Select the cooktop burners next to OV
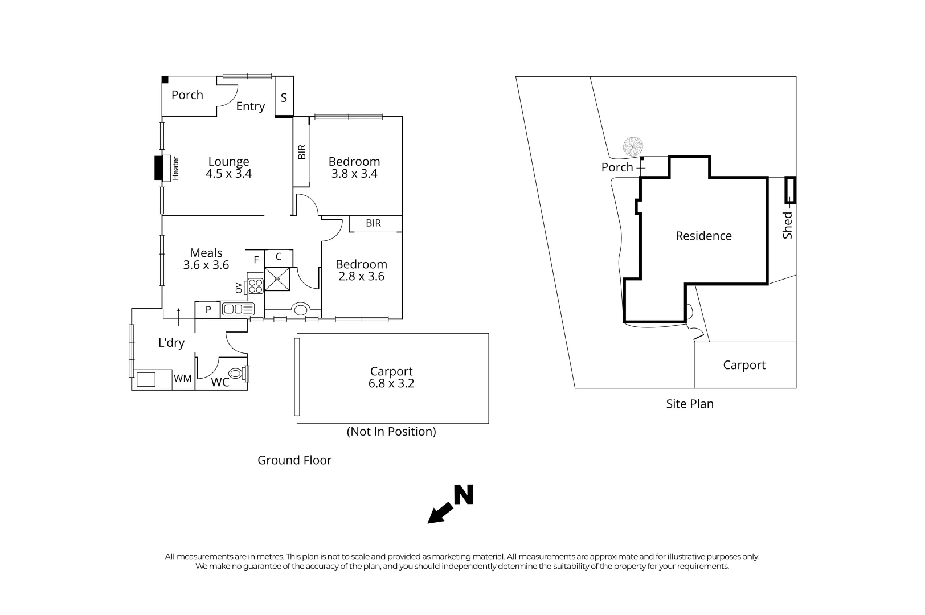tap(255, 286)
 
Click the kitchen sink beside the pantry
tap(238, 309)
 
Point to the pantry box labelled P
tap(208, 310)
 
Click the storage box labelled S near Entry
tap(284, 97)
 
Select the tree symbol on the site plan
tap(632, 146)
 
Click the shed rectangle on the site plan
tap(790, 190)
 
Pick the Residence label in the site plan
tap(703, 236)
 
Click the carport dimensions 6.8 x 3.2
tap(391, 384)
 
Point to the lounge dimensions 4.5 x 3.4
tap(228, 174)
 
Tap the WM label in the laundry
tap(183, 379)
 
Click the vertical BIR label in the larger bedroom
tap(302, 151)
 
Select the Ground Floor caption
tap(294, 460)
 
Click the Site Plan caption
tap(690, 404)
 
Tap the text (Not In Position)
tap(391, 432)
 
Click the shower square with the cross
tap(277, 279)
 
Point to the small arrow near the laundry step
tap(179, 316)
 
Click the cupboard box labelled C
tap(279, 257)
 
